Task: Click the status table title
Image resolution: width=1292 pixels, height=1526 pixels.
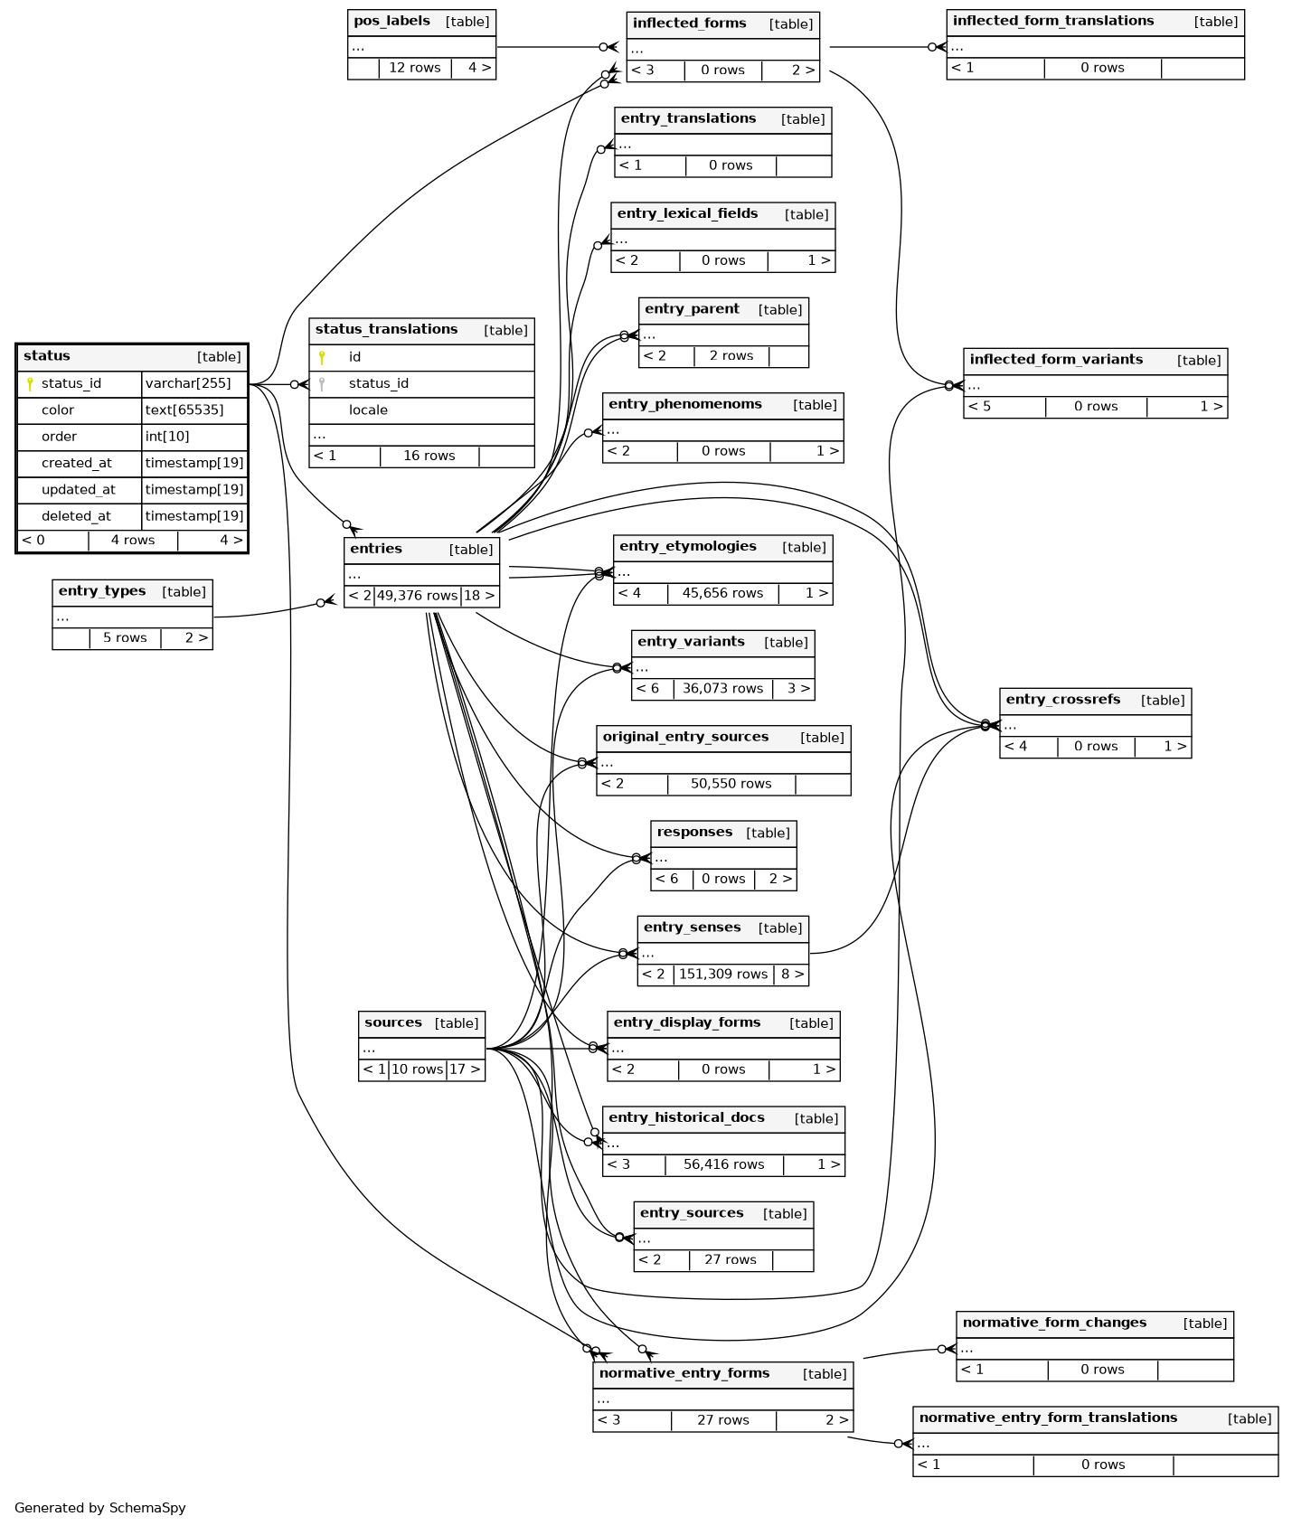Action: pyautogui.click(x=47, y=356)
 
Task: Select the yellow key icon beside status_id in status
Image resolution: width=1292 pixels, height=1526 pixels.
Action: pyautogui.click(x=30, y=384)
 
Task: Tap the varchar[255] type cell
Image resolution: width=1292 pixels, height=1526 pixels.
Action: pyautogui.click(x=188, y=384)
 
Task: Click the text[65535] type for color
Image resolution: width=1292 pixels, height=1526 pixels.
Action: pyautogui.click(x=184, y=410)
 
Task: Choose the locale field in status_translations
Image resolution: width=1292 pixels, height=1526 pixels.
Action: pyautogui.click(x=368, y=410)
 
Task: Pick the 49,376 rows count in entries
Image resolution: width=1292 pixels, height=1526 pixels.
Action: pyautogui.click(x=417, y=596)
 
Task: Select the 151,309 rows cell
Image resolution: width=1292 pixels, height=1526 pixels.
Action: pyautogui.click(x=722, y=975)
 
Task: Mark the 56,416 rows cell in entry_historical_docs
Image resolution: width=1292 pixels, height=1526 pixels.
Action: pyautogui.click(x=723, y=1165)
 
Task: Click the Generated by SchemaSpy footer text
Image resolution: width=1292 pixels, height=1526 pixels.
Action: pyautogui.click(x=99, y=1508)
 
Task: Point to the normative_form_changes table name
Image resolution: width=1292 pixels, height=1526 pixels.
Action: pyautogui.click(x=1054, y=1323)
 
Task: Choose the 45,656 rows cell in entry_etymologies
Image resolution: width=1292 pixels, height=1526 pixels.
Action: pyautogui.click(x=722, y=594)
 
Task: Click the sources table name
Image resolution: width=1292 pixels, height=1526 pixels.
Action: pyautogui.click(x=393, y=1023)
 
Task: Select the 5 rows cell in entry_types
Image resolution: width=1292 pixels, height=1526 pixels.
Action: pyautogui.click(x=125, y=638)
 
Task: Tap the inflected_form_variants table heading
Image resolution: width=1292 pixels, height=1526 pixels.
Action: pyautogui.click(x=1056, y=360)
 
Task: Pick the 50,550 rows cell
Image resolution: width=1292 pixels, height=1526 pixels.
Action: pyautogui.click(x=731, y=784)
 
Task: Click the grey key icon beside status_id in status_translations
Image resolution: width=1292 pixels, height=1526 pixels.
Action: pyautogui.click(x=322, y=384)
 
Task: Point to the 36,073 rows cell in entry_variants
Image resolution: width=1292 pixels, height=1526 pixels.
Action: pyautogui.click(x=722, y=689)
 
